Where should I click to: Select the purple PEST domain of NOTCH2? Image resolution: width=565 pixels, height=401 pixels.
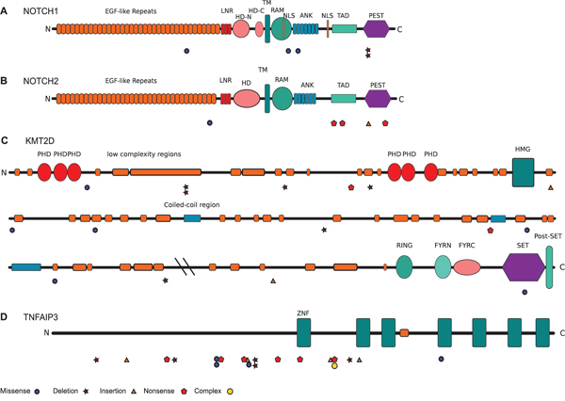[x=377, y=99]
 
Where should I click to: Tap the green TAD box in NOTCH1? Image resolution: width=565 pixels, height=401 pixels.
[x=345, y=30]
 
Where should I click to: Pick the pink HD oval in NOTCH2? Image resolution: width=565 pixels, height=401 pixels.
[x=247, y=99]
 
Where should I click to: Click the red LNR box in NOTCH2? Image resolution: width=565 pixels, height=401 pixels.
[x=225, y=99]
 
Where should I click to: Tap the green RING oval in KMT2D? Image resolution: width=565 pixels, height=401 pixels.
[x=405, y=267]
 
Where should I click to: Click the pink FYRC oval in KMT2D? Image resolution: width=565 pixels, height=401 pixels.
[x=468, y=267]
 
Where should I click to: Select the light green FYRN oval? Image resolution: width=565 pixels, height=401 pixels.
[x=443, y=267]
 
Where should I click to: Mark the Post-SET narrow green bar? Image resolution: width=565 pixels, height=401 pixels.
[x=549, y=267]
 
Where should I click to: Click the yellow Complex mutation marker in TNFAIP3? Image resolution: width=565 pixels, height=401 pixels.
[x=334, y=366]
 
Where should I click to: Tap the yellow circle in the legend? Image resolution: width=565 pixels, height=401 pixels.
[x=230, y=391]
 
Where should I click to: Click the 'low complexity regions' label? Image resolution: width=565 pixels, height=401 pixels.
[x=143, y=153]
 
